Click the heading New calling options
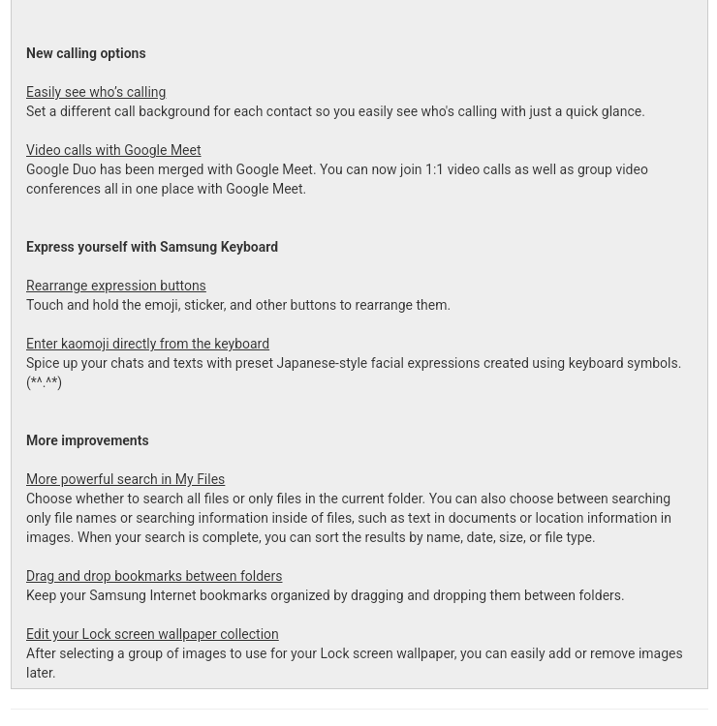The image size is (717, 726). [85, 54]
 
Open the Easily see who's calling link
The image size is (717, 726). [96, 93]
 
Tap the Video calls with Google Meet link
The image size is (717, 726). [113, 151]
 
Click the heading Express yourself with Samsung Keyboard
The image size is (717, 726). [152, 248]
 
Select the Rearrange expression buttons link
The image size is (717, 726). [115, 287]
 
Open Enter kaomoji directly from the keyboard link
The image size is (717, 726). [147, 345]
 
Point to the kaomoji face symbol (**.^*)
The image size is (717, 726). [44, 383]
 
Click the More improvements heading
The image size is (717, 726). [87, 441]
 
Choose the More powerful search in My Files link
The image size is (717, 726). [125, 480]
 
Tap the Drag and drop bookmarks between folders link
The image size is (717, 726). [154, 577]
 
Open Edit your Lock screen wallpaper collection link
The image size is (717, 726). [152, 635]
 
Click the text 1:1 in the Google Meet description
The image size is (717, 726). [434, 170]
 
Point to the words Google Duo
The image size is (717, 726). [61, 170]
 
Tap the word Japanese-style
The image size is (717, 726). [322, 364]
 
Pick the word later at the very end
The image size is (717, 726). [41, 674]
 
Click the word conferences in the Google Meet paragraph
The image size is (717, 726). [64, 190]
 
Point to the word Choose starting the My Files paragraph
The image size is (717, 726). [48, 499]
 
